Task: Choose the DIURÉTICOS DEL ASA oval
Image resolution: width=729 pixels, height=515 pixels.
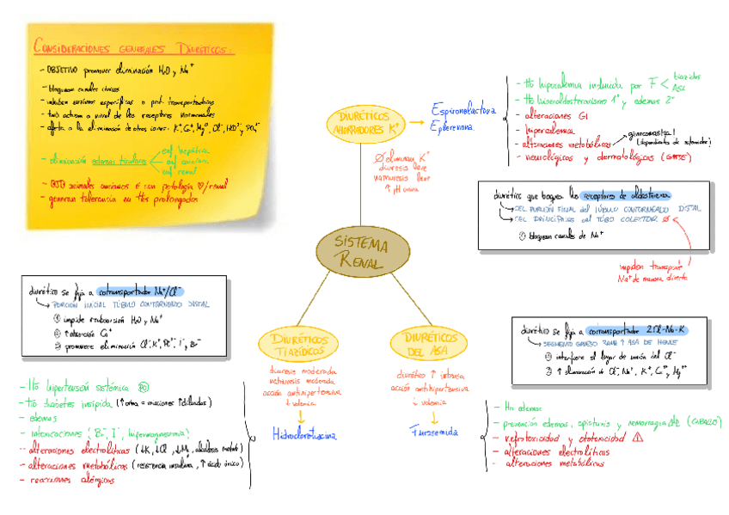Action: click(x=427, y=344)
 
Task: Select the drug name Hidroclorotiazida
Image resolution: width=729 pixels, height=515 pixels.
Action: click(x=304, y=435)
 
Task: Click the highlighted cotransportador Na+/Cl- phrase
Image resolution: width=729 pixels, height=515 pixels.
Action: click(x=141, y=291)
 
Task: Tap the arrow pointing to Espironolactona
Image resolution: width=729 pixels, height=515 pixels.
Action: click(x=417, y=112)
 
